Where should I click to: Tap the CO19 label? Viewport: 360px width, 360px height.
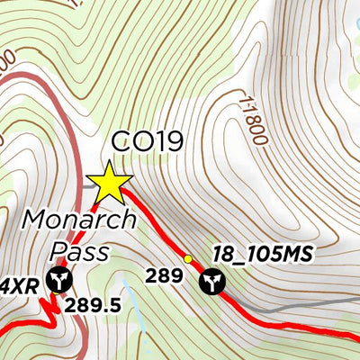147,141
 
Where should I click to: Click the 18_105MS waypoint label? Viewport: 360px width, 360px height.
262,256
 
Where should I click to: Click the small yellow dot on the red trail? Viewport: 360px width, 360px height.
188,259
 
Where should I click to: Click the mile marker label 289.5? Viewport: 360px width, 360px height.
93,305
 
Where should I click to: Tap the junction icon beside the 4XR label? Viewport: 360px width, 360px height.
59,281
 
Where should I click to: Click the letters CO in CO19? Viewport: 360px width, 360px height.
129,141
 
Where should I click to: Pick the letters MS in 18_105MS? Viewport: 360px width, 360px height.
297,256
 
